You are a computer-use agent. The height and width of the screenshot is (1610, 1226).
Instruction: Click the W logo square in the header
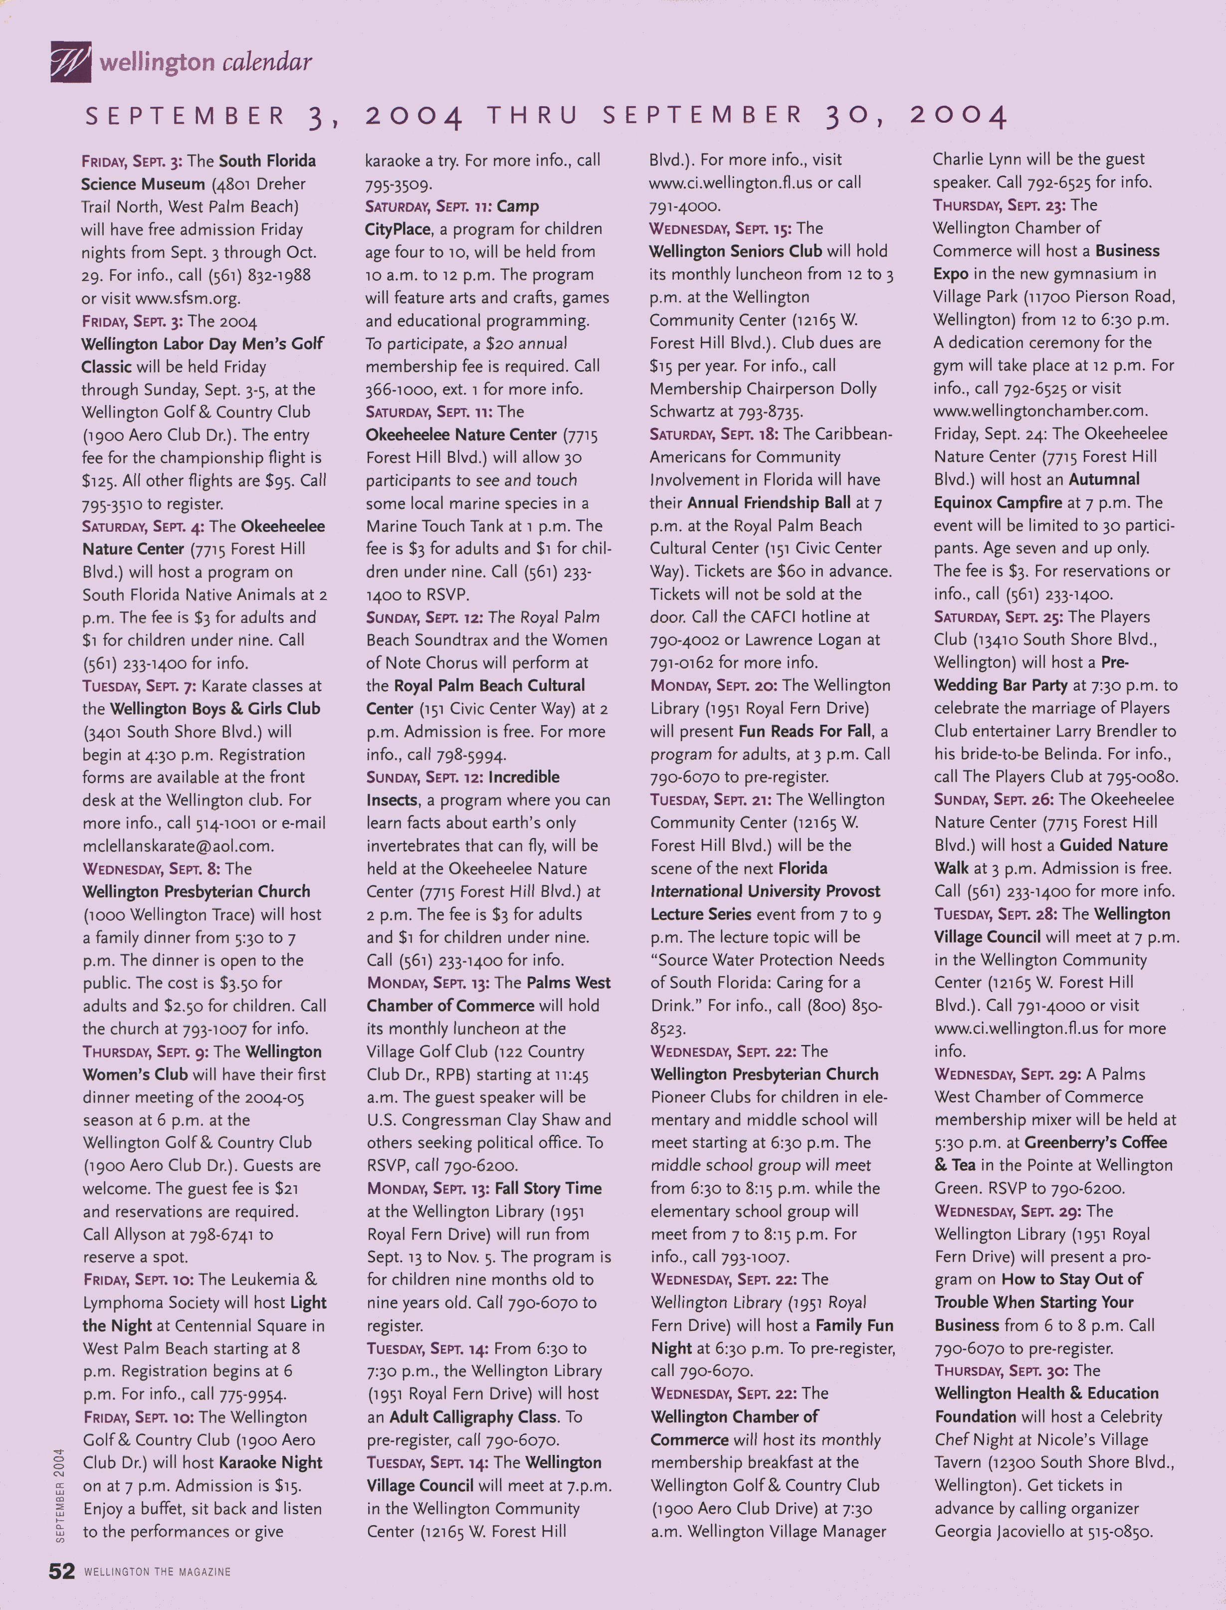coord(71,61)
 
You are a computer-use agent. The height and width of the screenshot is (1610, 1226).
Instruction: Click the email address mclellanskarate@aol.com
coord(178,846)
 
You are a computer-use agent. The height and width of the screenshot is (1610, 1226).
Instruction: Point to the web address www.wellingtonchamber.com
coord(1040,411)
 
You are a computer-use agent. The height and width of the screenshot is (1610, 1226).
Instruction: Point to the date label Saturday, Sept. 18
coord(713,434)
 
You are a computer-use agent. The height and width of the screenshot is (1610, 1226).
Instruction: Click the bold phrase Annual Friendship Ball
coord(769,503)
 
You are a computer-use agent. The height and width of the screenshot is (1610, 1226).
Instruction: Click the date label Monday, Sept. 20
coord(713,686)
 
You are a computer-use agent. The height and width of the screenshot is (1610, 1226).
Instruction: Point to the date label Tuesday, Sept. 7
coord(139,686)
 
